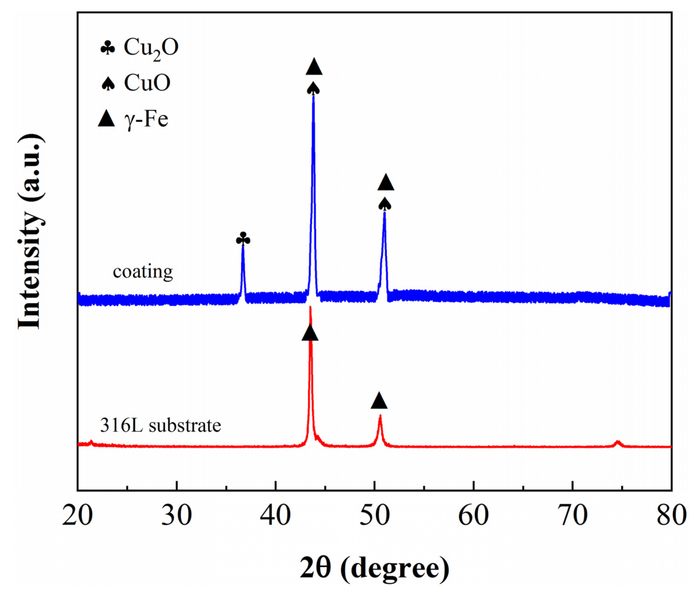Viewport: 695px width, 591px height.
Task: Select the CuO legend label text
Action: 147,83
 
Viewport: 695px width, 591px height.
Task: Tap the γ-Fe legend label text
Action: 146,119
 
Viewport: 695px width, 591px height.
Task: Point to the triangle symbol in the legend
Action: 106,119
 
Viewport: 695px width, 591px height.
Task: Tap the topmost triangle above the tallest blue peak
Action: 314,67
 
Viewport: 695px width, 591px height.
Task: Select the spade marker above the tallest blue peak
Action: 314,89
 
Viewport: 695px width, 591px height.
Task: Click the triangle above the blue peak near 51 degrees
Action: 386,183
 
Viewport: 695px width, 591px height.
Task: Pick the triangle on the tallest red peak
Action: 310,333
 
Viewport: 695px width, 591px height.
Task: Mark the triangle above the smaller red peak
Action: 379,401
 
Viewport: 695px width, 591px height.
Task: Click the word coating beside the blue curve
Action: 143,271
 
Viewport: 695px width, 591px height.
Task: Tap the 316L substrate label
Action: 161,426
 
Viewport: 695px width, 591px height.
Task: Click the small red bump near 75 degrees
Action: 617,443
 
